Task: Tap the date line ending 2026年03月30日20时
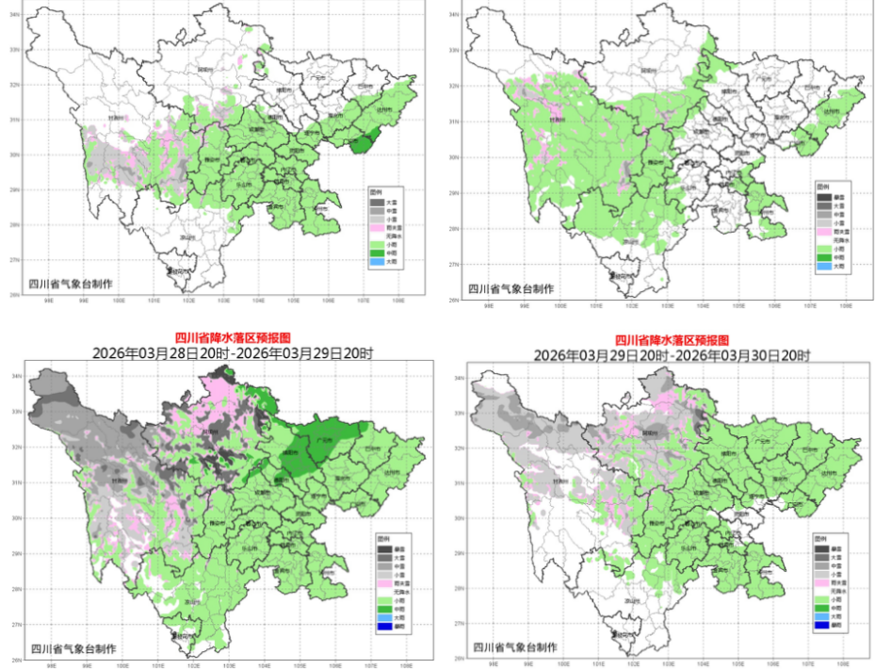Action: coord(672,355)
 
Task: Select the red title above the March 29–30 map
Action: coord(672,339)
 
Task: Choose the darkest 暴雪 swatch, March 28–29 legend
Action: coord(381,548)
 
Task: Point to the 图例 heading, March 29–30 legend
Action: coord(825,538)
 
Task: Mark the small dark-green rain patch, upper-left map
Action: coord(361,143)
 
